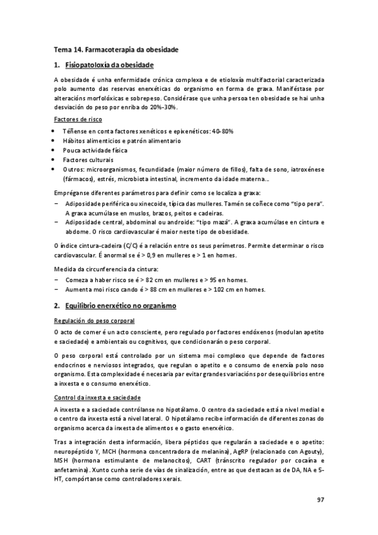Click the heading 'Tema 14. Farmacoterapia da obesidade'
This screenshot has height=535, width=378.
(x=115, y=49)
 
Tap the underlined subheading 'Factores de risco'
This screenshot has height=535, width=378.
(x=78, y=119)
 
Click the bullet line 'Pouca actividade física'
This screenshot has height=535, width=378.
(x=95, y=151)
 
